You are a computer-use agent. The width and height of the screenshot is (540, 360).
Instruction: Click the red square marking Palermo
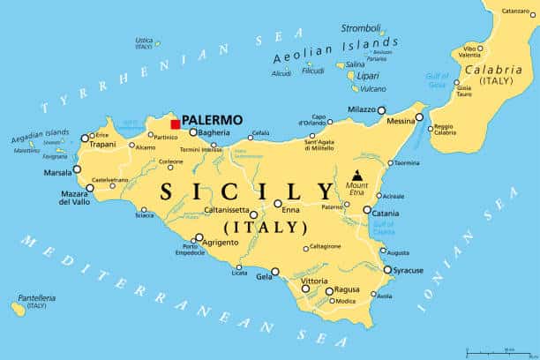pos(176,124)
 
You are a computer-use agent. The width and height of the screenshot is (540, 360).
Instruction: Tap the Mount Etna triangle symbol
pos(356,175)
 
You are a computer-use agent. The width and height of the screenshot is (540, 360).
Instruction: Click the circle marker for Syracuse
pos(386,270)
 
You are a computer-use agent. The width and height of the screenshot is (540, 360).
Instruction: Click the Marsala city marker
pos(77,169)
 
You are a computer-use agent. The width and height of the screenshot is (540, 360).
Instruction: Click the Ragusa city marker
pos(329,290)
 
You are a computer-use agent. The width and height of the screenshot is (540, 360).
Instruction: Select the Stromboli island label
pos(360,27)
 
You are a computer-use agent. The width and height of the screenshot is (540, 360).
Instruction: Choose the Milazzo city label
pos(360,109)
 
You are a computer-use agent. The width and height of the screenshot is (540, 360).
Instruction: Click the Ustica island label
pos(144,40)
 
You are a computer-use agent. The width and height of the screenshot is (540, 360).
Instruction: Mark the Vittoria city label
pos(314,281)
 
